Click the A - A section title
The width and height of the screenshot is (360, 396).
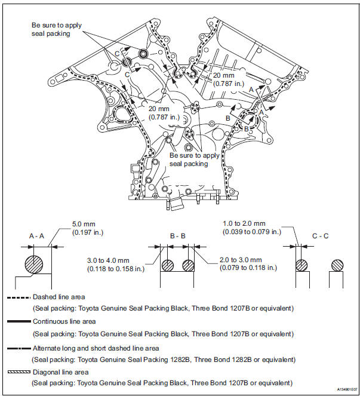37,237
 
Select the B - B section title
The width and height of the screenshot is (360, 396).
178,237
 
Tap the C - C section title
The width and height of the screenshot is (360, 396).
321,237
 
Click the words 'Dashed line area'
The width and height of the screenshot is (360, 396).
59,297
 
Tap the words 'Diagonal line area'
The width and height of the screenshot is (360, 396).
61,372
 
